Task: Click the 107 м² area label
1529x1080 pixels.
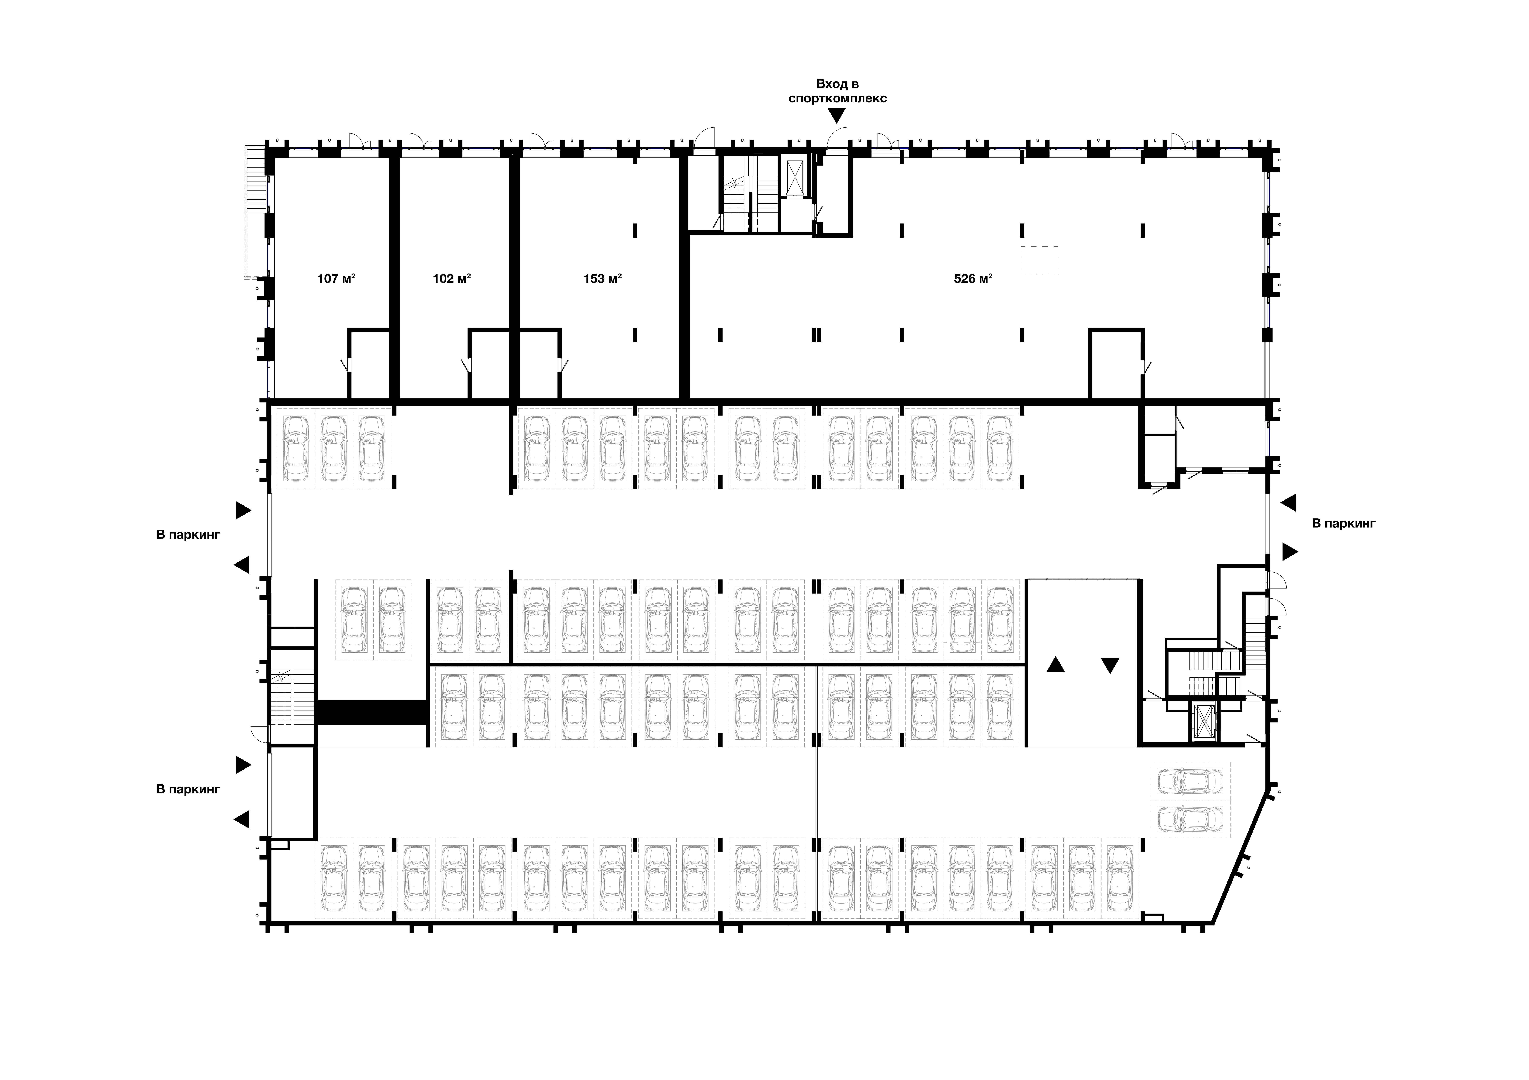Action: coord(336,278)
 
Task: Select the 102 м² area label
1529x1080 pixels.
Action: coord(452,278)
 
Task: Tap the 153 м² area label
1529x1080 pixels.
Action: coord(603,278)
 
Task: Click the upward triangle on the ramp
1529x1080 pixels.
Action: coord(1055,664)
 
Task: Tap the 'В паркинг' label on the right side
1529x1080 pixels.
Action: coord(1343,523)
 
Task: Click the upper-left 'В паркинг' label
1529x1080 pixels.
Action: coord(188,535)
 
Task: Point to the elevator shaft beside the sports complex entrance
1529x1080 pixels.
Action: coord(795,177)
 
